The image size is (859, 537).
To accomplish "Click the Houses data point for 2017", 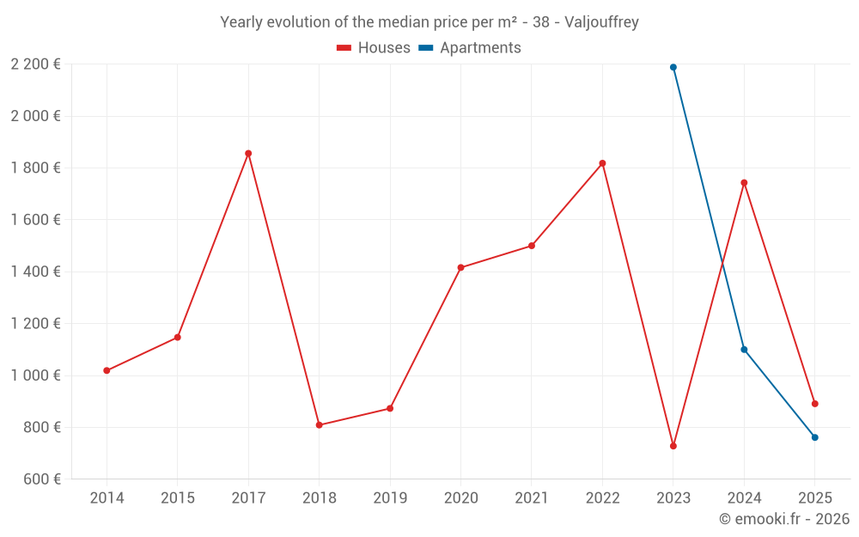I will pos(248,154).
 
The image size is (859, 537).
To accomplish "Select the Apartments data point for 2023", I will pos(673,67).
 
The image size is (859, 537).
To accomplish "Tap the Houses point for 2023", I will pos(673,446).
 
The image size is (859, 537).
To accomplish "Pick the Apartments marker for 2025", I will pos(815,437).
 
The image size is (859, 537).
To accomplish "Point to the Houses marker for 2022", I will pos(602,163).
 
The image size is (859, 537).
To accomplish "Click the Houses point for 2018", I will pos(319,425).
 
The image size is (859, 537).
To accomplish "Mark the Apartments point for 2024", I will pos(744,350).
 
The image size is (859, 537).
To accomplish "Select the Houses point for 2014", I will pos(107,370).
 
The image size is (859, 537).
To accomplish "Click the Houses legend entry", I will pos(374,48).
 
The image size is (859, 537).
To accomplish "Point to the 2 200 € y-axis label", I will pos(35,64).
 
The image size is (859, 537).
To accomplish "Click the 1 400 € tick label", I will pos(35,272).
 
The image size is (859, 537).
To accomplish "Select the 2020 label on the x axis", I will pos(460,498).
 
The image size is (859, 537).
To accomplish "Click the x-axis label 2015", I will pos(177,498).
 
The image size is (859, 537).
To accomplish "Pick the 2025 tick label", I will pos(815,498).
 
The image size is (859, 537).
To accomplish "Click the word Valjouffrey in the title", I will pos(601,22).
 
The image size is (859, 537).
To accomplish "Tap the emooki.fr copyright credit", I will pos(784,519).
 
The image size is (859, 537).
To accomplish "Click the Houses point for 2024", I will pos(744,183).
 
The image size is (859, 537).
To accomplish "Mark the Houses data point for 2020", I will pos(460,268).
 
